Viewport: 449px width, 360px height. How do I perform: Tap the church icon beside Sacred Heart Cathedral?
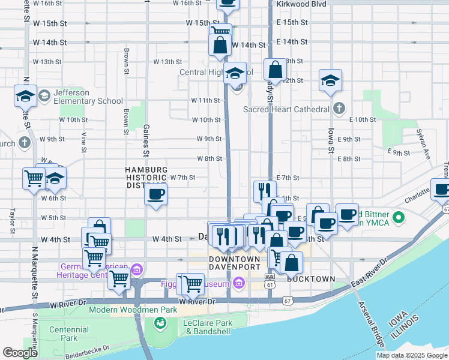[339, 109]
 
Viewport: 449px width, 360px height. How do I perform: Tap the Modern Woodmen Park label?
[126, 310]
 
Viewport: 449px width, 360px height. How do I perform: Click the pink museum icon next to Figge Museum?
[239, 283]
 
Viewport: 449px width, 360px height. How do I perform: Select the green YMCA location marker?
[398, 216]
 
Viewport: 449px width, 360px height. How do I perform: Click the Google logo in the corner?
[20, 353]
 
